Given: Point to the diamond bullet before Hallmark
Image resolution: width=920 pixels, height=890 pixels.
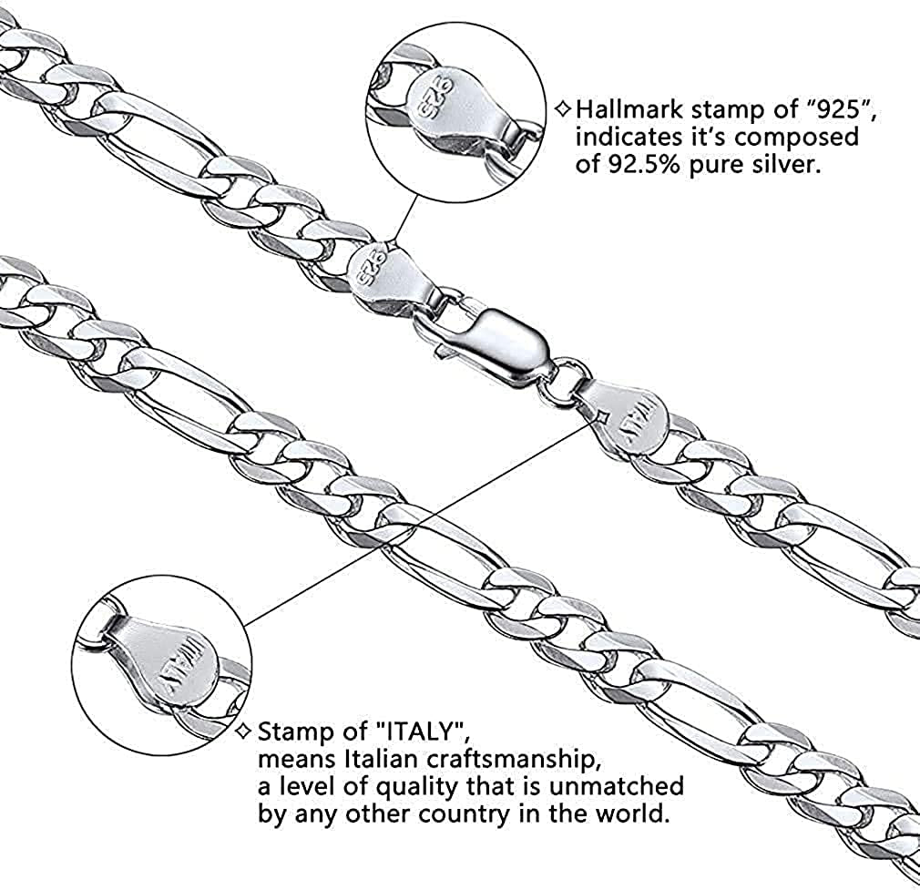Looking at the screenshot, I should click(x=563, y=110).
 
